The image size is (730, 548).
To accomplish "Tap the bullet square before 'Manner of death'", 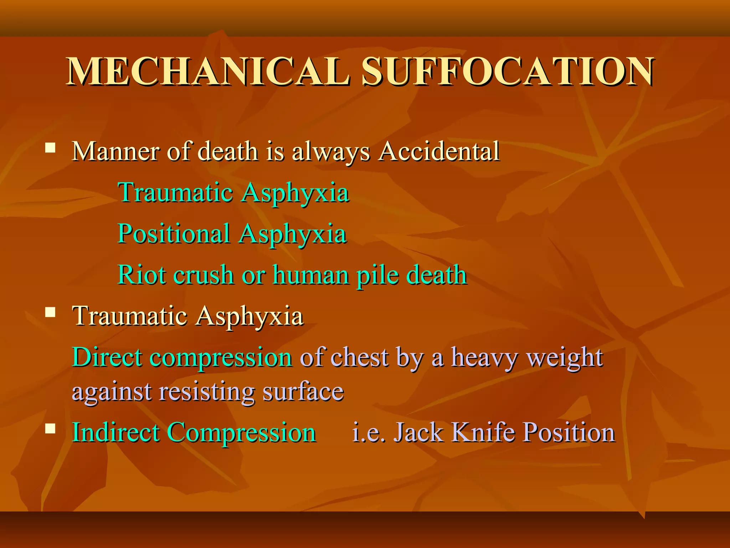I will click(x=50, y=148).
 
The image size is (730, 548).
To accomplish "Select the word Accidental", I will click(x=439, y=151).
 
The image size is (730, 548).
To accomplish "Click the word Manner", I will click(x=115, y=151).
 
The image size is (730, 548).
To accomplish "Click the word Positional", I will click(x=174, y=234).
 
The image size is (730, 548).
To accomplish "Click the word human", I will click(x=311, y=275).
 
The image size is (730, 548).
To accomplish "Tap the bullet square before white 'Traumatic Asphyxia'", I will click(x=50, y=313).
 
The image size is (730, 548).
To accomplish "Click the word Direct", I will click(x=107, y=357).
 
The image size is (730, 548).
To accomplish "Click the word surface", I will click(x=303, y=391).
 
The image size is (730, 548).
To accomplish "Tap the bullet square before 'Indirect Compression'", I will click(x=50, y=428).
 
